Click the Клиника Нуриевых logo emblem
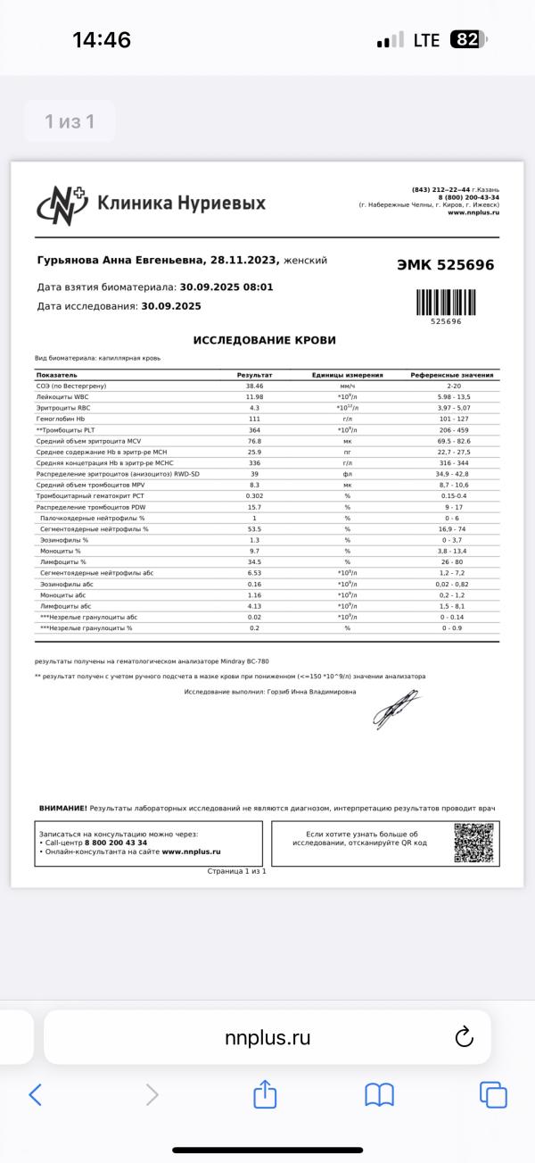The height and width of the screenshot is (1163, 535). click(61, 204)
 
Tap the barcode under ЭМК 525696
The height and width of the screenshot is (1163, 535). click(445, 302)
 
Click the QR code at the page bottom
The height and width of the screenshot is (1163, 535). click(473, 843)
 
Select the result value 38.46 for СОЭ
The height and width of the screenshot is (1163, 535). click(254, 385)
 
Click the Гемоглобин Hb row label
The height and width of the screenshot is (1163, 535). click(61, 418)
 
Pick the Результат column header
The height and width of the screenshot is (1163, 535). click(254, 375)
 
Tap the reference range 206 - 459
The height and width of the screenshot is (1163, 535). click(452, 429)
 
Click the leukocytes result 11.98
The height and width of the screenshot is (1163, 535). click(254, 396)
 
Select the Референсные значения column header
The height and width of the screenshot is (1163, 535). click(452, 375)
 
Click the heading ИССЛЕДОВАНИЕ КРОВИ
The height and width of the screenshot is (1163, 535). click(265, 341)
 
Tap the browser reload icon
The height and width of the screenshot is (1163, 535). click(463, 1037)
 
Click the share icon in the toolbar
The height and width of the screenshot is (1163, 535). click(265, 1094)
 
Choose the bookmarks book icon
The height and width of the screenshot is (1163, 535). click(379, 1094)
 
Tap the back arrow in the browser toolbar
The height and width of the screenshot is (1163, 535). click(36, 1094)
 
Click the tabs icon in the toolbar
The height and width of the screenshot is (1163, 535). click(493, 1094)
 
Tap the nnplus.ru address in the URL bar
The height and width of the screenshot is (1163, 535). click(267, 1037)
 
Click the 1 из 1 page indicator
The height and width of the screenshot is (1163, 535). click(70, 121)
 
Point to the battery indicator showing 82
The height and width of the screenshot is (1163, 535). click(467, 40)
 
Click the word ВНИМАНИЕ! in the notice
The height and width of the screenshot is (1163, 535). click(62, 808)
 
